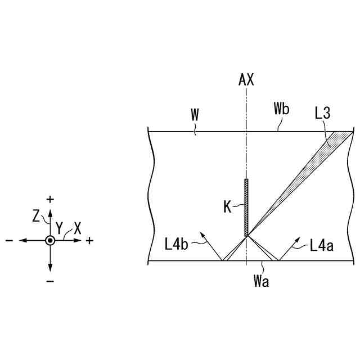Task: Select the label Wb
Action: [281, 109]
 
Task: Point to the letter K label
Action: [227, 208]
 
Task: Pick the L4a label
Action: [321, 245]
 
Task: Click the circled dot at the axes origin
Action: [50, 240]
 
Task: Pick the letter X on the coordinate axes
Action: [78, 228]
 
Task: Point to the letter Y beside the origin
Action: [60, 227]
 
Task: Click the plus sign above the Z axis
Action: [50, 199]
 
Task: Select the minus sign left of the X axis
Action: [10, 241]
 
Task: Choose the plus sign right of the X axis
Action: [90, 241]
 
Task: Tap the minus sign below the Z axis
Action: [50, 281]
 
